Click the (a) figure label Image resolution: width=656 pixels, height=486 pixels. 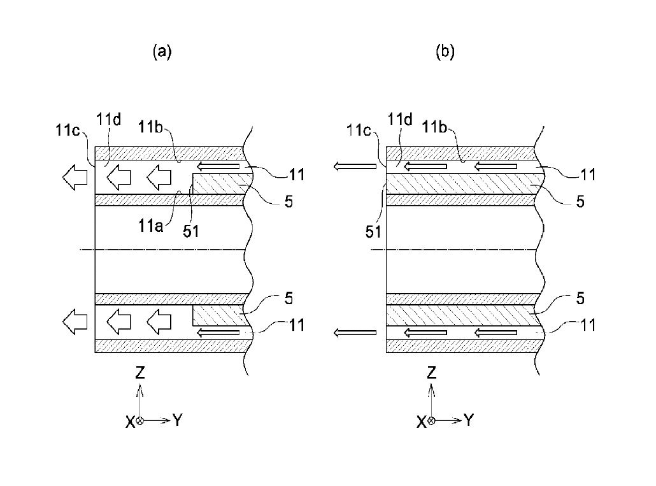[162, 52]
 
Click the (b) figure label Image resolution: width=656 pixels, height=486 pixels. [445, 52]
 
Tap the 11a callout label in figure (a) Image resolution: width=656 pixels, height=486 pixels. [150, 226]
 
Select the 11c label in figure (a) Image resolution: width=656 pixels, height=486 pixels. [68, 130]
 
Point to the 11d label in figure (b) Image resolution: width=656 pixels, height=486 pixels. [400, 119]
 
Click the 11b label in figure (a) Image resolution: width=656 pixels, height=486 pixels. [150, 126]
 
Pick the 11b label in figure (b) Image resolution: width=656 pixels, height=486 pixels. [435, 126]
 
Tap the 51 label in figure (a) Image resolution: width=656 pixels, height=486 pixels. [191, 231]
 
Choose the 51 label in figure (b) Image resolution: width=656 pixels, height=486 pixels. [373, 231]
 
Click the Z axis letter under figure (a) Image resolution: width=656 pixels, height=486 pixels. [140, 372]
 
